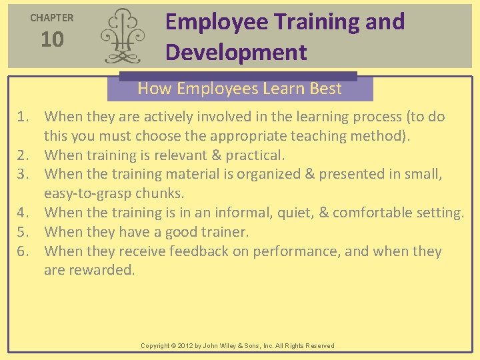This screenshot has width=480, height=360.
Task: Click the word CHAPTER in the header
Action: point(52,18)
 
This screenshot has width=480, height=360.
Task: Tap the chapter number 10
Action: point(52,40)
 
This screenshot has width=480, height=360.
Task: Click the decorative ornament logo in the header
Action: point(121,36)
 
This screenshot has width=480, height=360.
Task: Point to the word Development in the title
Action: point(236,52)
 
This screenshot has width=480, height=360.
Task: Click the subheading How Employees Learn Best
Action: point(239,88)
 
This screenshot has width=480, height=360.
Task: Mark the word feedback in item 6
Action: point(197,251)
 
